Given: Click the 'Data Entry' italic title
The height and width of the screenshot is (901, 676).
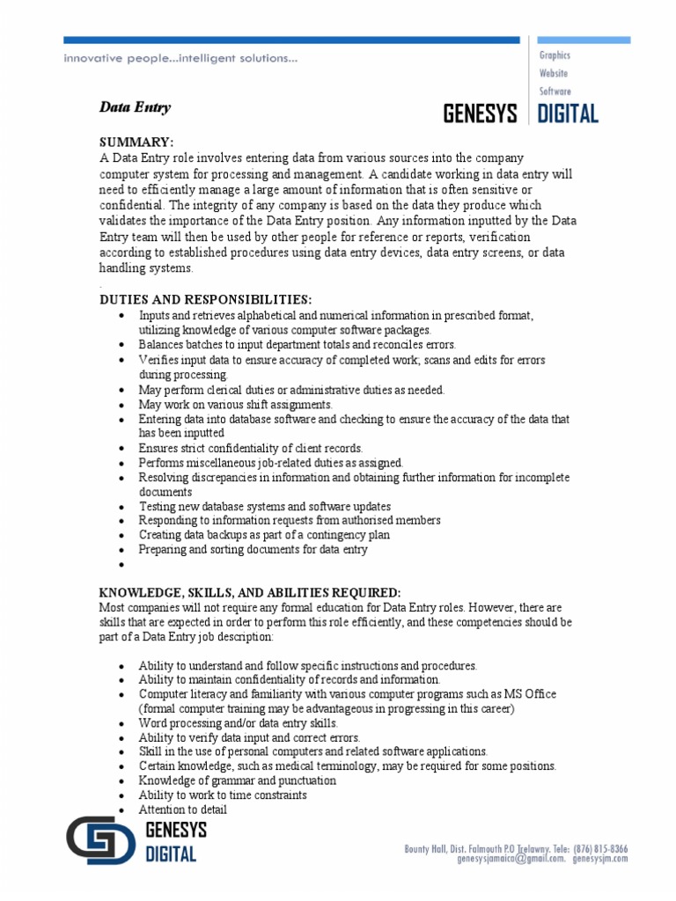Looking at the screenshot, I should click(134, 107).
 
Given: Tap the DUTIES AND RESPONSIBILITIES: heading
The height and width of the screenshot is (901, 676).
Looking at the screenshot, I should click(205, 300).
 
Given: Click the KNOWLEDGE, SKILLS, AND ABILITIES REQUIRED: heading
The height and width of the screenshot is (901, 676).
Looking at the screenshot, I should click(250, 593).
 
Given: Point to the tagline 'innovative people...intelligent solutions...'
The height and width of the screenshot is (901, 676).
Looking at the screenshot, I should click(180, 59).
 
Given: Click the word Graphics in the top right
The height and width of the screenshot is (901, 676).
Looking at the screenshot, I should click(555, 55).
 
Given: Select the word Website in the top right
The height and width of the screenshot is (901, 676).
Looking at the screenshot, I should click(554, 73).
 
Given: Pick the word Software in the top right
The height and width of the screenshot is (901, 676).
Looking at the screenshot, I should click(555, 91).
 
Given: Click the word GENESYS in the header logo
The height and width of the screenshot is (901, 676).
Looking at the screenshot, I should click(480, 114).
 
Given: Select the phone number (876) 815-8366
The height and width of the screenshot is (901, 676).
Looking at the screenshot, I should click(600, 848).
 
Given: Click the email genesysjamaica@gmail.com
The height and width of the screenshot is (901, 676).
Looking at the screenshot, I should click(511, 859).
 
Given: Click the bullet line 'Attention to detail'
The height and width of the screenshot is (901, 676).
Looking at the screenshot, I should click(182, 809).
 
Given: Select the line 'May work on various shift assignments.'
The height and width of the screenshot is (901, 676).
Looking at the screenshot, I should click(235, 405).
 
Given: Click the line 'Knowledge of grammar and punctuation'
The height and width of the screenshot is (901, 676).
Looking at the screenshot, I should click(237, 780).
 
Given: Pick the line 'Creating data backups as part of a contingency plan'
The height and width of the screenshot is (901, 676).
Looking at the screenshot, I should click(264, 535).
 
